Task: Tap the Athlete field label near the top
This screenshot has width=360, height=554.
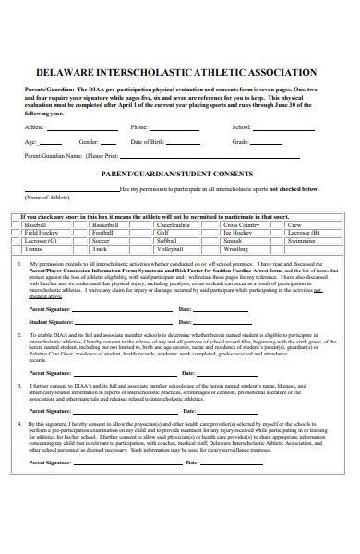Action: point(35,127)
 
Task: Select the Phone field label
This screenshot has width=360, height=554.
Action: point(139,127)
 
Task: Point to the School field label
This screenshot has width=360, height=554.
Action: point(241,127)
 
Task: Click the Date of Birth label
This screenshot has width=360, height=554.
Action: point(150,142)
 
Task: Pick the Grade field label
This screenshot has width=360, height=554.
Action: point(240,142)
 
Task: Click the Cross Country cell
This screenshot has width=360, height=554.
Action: point(241,225)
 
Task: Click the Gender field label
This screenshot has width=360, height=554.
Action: point(90,142)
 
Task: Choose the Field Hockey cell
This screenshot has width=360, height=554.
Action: point(41,234)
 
